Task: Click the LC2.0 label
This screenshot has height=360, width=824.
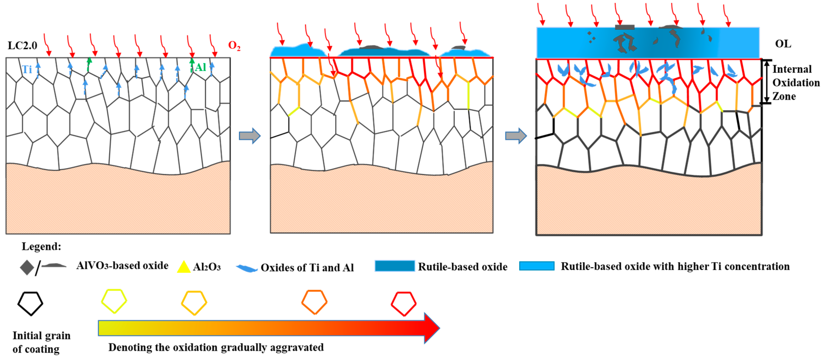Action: (22, 46)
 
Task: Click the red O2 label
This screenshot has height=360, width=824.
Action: (234, 46)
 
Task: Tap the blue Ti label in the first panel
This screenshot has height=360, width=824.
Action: (27, 69)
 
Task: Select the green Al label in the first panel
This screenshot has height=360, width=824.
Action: (201, 67)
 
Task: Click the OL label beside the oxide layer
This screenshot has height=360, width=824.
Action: (783, 44)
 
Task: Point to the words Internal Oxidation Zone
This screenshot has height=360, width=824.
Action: (796, 82)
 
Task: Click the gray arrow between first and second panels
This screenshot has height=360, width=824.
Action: (250, 136)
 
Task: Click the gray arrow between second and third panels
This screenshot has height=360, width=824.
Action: (516, 136)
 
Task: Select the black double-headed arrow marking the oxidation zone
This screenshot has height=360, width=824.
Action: (767, 82)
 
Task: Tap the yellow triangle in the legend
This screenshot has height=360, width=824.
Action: (184, 267)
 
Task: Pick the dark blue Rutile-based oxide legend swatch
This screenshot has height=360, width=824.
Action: (395, 266)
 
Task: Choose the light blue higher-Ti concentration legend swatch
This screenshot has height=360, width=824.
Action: (537, 266)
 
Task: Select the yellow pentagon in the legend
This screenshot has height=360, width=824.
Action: (114, 301)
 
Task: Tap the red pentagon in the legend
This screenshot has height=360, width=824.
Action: (404, 303)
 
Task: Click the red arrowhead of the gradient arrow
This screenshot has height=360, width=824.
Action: (432, 328)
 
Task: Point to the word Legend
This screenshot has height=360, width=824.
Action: (41, 247)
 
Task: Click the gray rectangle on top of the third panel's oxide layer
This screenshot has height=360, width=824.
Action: (624, 27)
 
